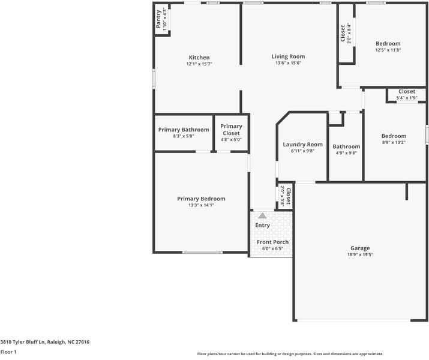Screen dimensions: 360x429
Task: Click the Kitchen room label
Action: tap(199, 58)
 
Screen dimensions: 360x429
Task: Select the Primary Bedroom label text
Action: tap(201, 199)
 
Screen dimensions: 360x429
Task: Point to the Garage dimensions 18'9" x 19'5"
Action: tap(360, 254)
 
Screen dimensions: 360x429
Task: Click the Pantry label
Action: tap(158, 19)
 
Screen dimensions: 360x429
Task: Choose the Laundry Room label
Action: tap(302, 145)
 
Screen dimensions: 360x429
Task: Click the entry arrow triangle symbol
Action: tap(262, 215)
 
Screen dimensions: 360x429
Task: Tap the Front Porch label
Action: tap(272, 242)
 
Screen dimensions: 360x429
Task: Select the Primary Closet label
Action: tap(231, 130)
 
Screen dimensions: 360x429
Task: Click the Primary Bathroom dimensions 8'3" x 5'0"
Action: tap(184, 137)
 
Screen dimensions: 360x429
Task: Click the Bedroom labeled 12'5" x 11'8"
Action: tap(388, 44)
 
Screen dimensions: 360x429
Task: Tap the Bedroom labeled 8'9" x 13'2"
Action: tap(394, 136)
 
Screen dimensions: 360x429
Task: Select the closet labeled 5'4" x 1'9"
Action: tap(406, 92)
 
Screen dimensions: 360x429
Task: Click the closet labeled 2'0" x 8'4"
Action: tap(343, 33)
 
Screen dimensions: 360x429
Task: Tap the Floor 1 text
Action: tap(8, 352)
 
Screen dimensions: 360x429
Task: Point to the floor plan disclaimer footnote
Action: tap(290, 354)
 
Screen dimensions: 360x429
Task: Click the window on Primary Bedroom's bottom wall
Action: tap(202, 252)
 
